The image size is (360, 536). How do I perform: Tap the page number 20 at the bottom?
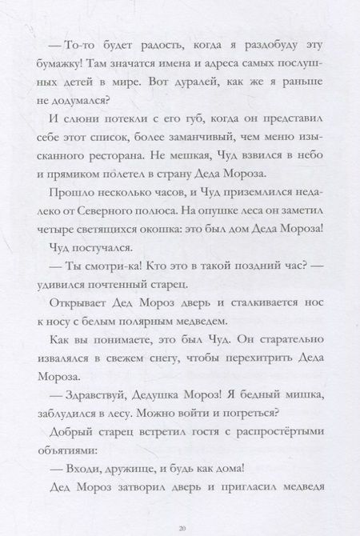181,529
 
